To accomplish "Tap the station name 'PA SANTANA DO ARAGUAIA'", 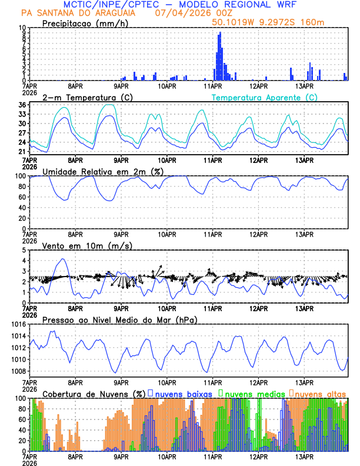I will coord(77,13).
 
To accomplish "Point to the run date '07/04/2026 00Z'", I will coord(190,13).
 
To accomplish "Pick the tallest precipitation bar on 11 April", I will coord(220,33).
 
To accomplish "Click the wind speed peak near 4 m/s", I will coord(63,259).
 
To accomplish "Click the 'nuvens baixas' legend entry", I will coord(183,393).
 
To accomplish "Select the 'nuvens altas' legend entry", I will coord(321,393).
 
